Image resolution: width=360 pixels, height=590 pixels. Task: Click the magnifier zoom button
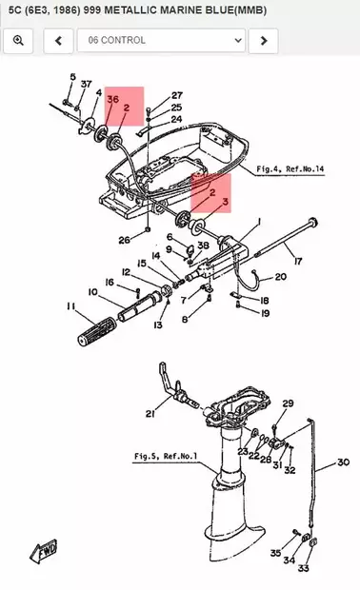pyautogui.click(x=18, y=40)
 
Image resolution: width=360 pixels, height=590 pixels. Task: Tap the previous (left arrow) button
pyautogui.click(x=58, y=40)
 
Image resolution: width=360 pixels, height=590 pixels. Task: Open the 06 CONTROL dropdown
pyautogui.click(x=161, y=40)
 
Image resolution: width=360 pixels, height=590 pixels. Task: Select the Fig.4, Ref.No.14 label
pyautogui.click(x=290, y=169)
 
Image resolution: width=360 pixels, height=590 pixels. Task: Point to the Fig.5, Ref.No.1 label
pyautogui.click(x=166, y=456)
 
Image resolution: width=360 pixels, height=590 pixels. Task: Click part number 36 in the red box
pyautogui.click(x=112, y=99)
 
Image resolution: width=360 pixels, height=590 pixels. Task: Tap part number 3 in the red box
pyautogui.click(x=225, y=202)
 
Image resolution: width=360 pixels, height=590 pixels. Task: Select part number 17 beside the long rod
pyautogui.click(x=298, y=261)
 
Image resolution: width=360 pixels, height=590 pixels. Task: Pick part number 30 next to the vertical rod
pyautogui.click(x=343, y=462)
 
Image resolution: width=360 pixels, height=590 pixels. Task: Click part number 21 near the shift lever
pyautogui.click(x=150, y=414)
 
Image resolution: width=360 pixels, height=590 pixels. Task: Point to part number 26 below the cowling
pyautogui.click(x=124, y=240)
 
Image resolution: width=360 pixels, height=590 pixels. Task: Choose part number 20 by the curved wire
pyautogui.click(x=281, y=277)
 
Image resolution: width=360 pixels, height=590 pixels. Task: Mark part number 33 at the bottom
pyautogui.click(x=303, y=568)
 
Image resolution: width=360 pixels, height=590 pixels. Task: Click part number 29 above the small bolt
pyautogui.click(x=288, y=403)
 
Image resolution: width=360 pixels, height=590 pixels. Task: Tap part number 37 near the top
pyautogui.click(x=87, y=84)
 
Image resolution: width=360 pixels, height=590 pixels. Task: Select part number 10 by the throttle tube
pyautogui.click(x=92, y=291)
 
